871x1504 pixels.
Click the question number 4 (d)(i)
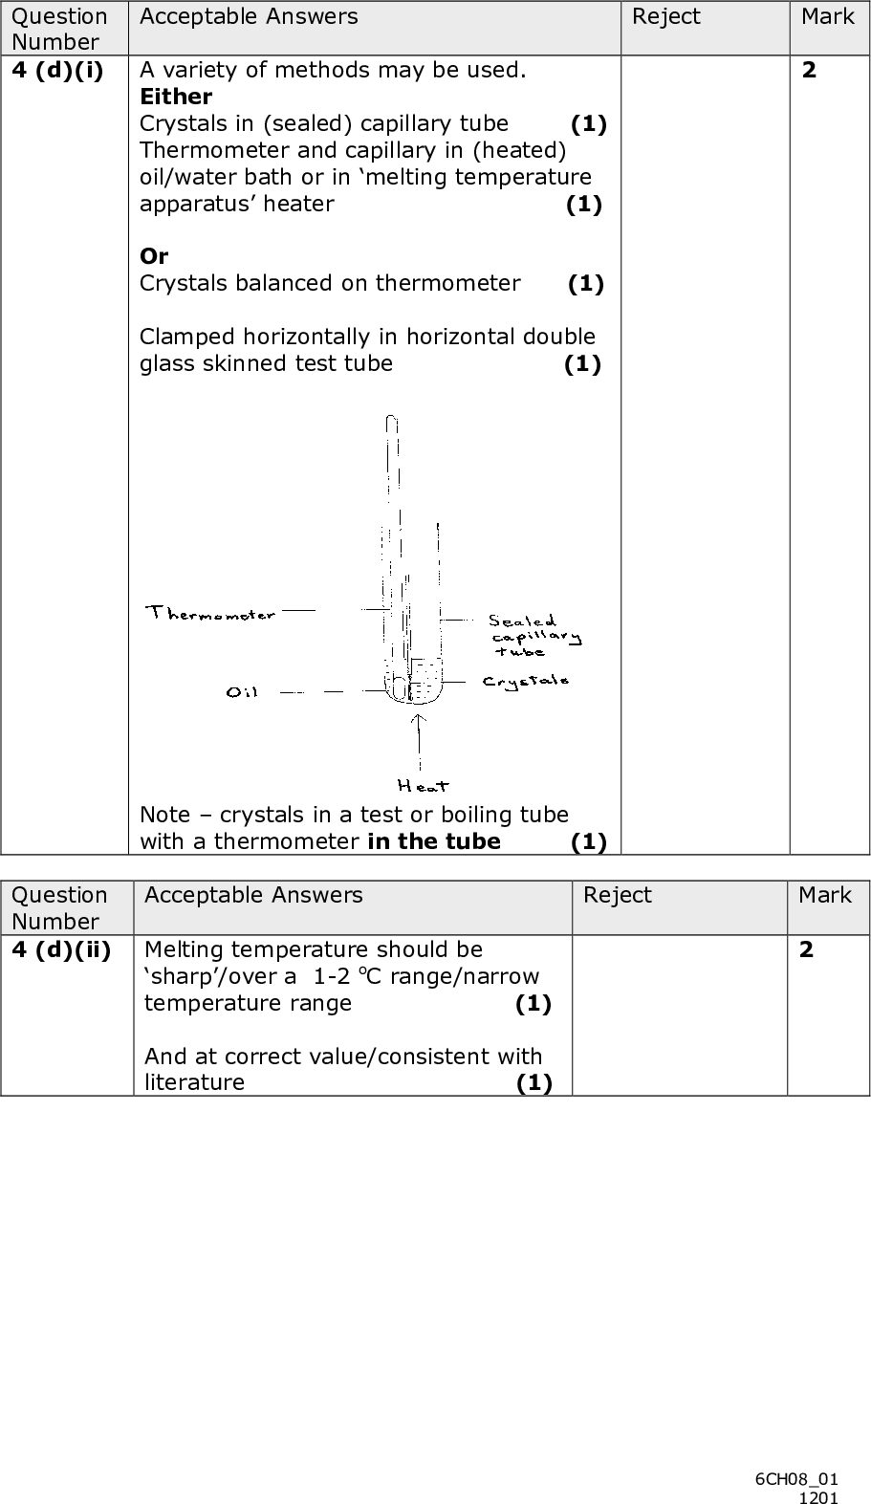57,70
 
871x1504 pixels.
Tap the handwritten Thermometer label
211,613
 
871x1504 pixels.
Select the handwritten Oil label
242,691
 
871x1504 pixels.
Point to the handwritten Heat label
423,786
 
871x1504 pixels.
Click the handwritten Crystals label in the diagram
526,681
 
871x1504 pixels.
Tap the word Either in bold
176,97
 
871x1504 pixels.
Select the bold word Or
154,256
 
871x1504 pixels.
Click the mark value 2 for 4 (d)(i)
809,70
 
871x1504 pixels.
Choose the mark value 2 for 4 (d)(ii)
807,949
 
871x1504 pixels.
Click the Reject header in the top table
665,17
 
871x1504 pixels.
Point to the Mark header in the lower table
824,895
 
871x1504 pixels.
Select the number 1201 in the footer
818,1496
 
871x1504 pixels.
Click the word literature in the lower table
194,1082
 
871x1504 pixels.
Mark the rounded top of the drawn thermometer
390,421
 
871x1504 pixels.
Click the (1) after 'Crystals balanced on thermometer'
585,283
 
